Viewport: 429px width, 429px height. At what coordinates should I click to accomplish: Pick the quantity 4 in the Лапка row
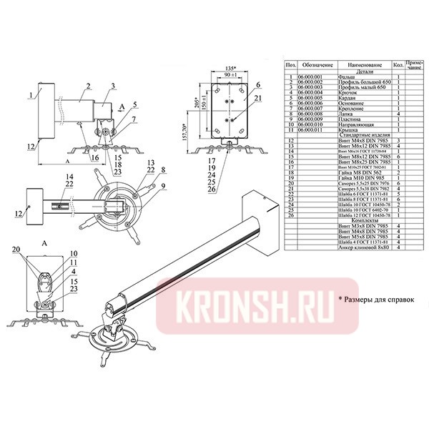[x=398, y=113]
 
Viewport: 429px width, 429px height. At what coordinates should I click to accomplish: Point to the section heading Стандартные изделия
[x=355, y=135]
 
